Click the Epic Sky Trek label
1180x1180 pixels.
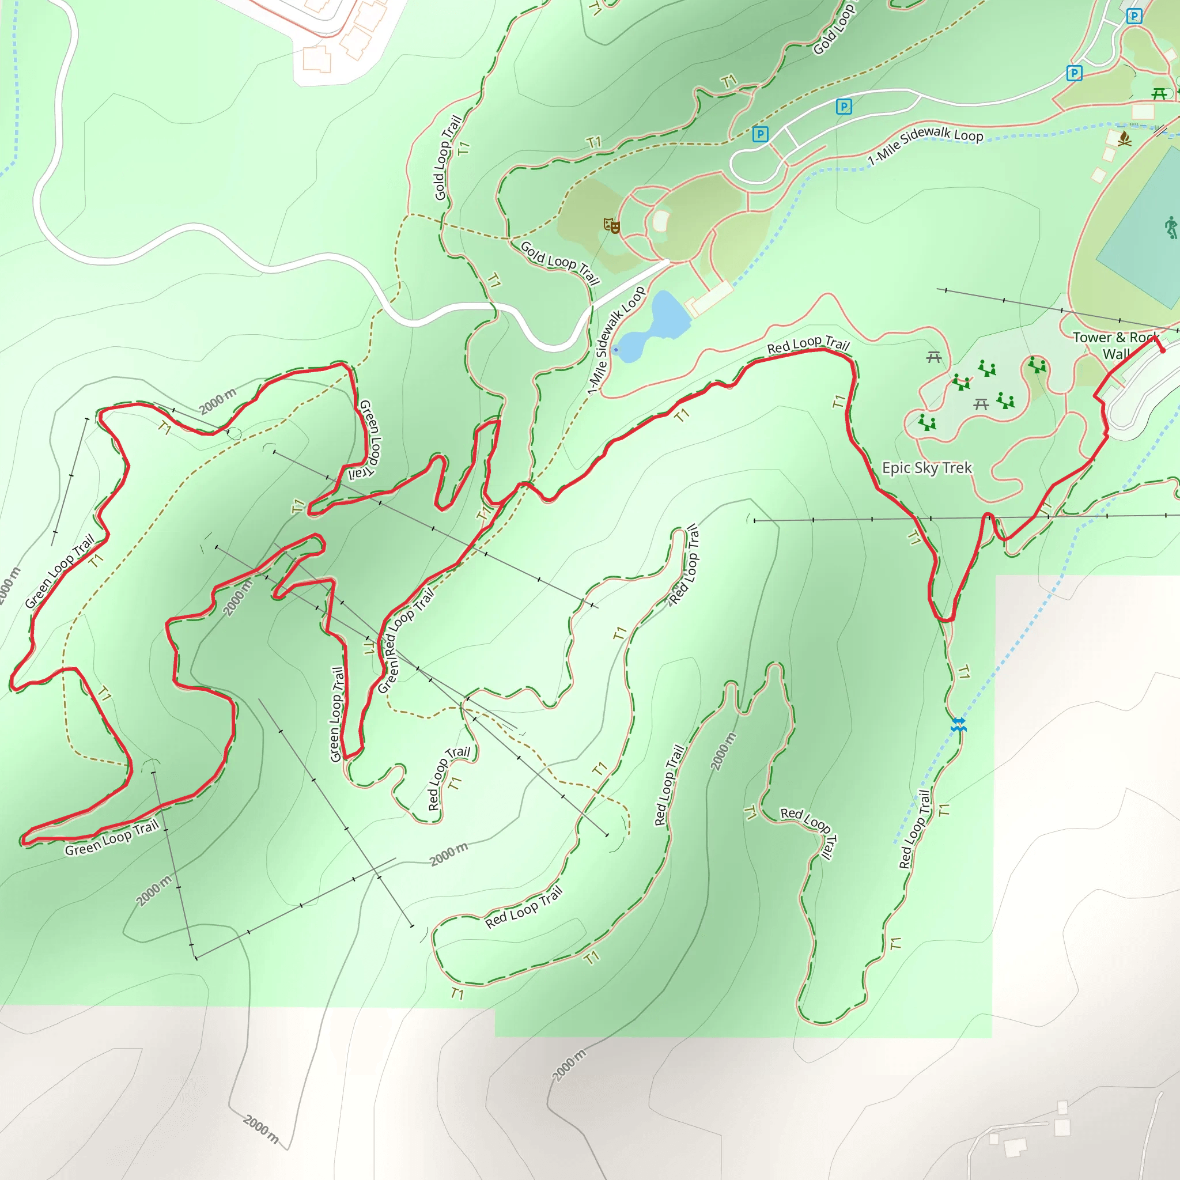926,468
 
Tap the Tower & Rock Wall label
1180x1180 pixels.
1116,346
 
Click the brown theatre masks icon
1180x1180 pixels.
611,225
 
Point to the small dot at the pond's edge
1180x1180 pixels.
616,350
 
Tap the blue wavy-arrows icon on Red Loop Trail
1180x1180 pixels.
959,725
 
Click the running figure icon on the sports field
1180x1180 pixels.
1171,227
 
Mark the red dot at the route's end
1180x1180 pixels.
1163,350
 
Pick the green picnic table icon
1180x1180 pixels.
1159,93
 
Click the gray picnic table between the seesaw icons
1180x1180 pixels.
981,404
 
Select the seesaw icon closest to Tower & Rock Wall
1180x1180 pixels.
1037,365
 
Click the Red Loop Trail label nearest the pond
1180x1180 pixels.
808,346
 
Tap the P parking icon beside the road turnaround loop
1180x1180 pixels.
761,134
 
